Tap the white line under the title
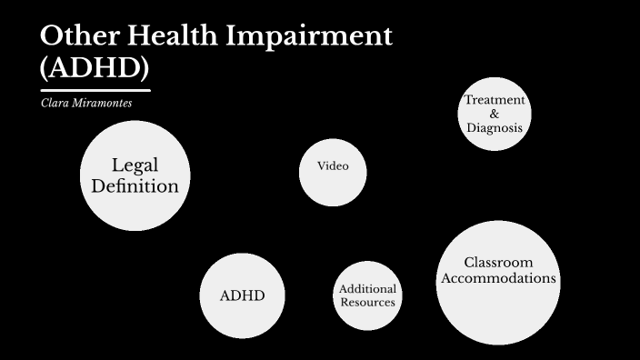[95, 90]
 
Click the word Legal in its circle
[135, 165]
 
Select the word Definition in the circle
[135, 186]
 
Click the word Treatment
[495, 100]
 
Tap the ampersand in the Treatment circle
[495, 114]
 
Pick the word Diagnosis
[495, 128]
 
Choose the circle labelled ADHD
[242, 295]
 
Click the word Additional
[367, 289]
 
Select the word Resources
[367, 302]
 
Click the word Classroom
[497, 262]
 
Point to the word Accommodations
[497, 278]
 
